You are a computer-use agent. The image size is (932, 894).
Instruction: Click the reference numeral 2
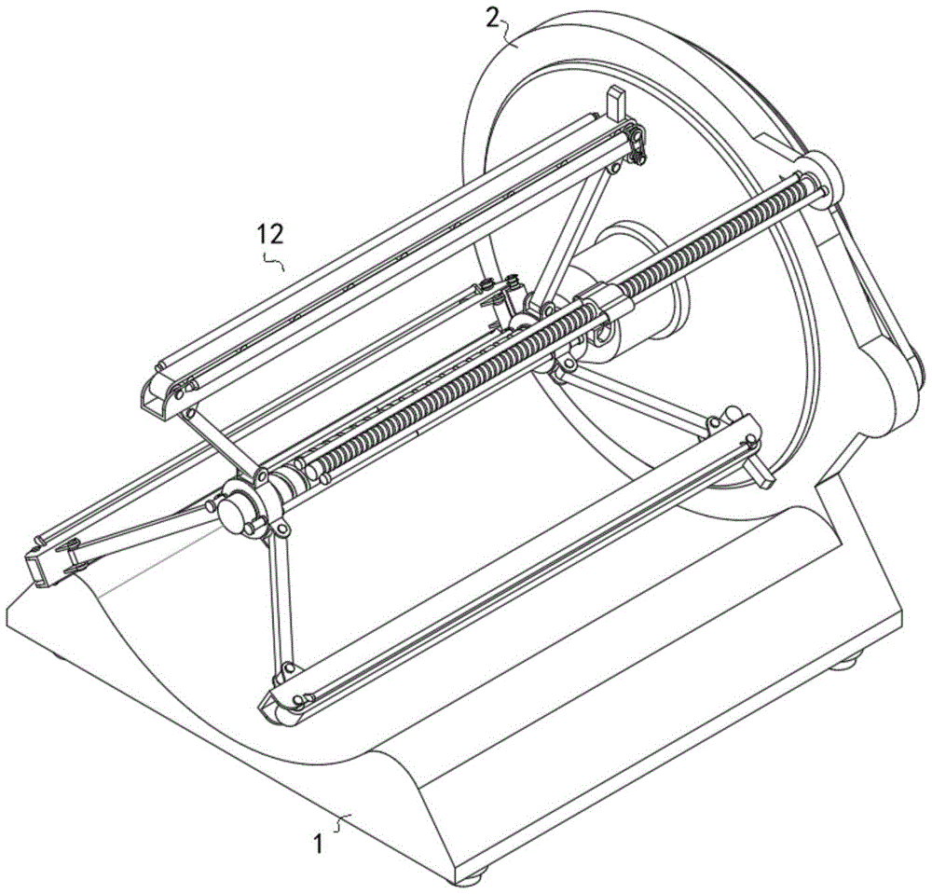pos(493,18)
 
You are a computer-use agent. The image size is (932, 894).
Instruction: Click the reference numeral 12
pos(270,234)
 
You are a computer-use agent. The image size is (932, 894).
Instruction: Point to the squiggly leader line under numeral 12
pos(274,262)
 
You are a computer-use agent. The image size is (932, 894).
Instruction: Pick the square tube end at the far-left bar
pos(37,567)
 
